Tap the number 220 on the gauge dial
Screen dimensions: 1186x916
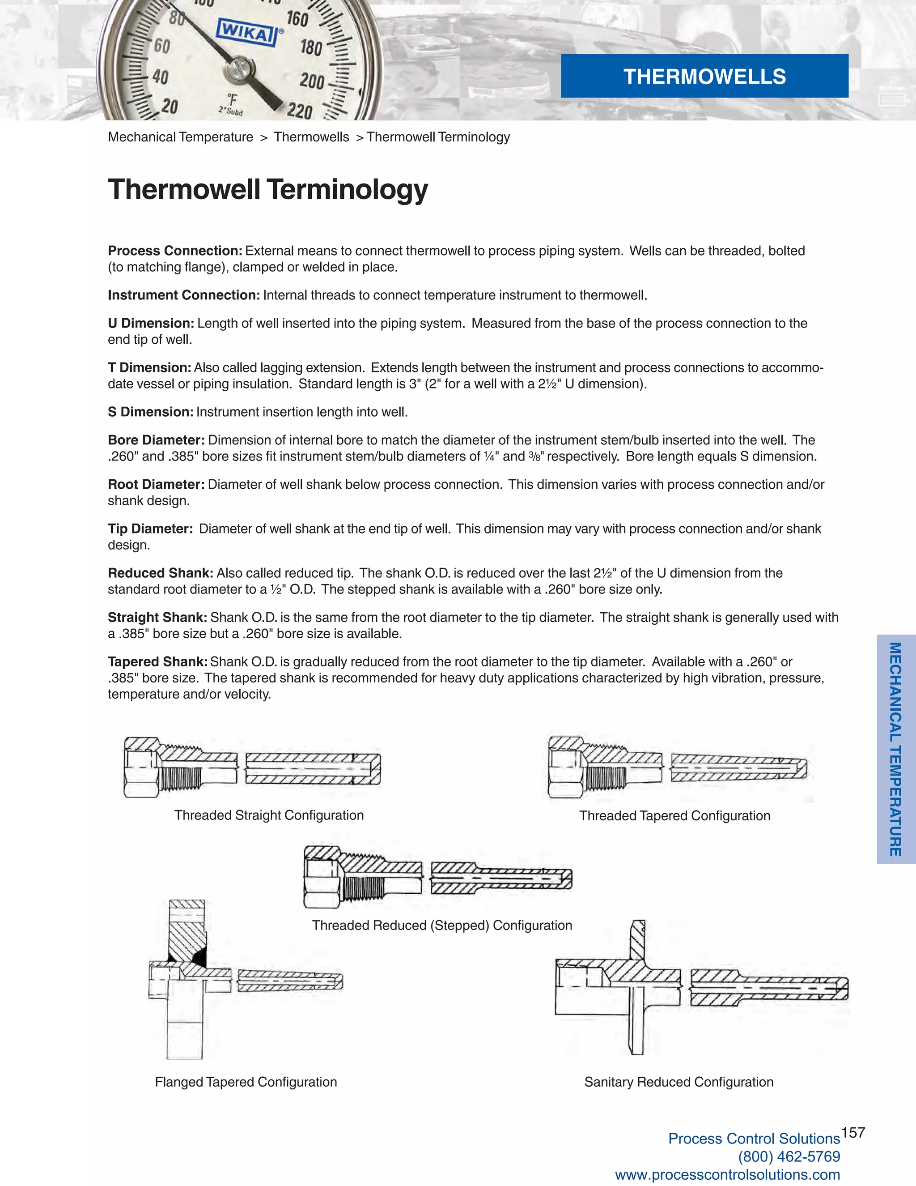[300, 111]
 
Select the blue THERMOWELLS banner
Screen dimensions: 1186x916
[704, 76]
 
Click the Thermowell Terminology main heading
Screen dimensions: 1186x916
[267, 189]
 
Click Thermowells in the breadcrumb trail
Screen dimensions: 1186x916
[311, 137]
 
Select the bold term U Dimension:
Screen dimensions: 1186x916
[151, 323]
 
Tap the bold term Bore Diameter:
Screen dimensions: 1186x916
[156, 440]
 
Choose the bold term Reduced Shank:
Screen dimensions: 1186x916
[161, 573]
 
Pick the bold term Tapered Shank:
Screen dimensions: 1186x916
[157, 661]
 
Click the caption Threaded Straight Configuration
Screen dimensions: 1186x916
[269, 815]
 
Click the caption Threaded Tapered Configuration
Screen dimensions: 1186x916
[674, 815]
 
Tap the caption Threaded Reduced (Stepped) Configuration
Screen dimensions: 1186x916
[442, 926]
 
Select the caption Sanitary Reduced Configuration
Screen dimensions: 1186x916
[679, 1082]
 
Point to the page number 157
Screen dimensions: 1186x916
[853, 1133]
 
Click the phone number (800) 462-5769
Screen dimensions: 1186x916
[789, 1156]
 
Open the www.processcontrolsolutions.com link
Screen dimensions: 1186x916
[727, 1175]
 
